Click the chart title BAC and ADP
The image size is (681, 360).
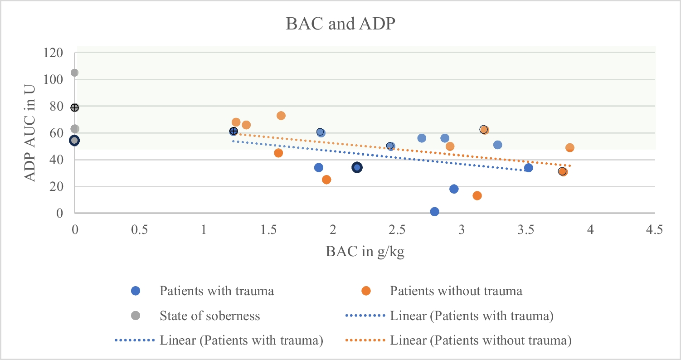[x=340, y=24]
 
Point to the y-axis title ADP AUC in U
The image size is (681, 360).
[x=30, y=133]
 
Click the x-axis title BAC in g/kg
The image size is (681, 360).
[x=365, y=252]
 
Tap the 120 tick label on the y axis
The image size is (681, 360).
[x=53, y=53]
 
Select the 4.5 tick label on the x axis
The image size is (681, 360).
[x=655, y=229]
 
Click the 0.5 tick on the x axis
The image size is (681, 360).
[x=140, y=229]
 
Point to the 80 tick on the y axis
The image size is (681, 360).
[x=57, y=106]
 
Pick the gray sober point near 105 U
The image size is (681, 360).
[x=74, y=73]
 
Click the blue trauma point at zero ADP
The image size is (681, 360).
[x=435, y=212]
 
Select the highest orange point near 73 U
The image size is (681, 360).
[x=281, y=116]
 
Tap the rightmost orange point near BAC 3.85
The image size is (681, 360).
[x=570, y=148]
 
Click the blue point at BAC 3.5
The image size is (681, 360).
[x=529, y=168]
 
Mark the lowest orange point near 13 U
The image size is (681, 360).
[x=477, y=195]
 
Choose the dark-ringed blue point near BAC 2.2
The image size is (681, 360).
[x=357, y=167]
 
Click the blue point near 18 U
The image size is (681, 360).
[x=454, y=189]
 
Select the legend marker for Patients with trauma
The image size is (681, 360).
[x=136, y=291]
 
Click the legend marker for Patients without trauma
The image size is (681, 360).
[x=366, y=291]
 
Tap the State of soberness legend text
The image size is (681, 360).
[x=210, y=316]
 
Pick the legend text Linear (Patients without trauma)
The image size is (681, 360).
[x=481, y=340]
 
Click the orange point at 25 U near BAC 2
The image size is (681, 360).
[x=326, y=180]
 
